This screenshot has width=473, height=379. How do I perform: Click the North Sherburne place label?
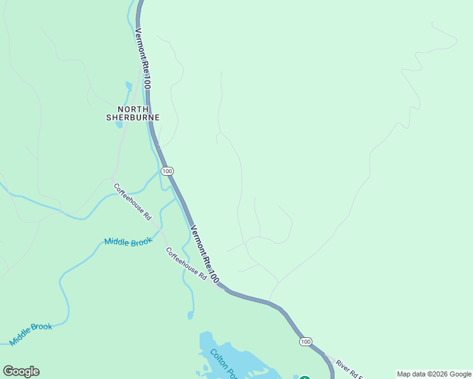tap(132, 112)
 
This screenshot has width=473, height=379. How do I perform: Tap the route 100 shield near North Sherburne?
tap(167, 171)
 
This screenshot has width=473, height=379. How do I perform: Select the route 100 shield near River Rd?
tap(305, 341)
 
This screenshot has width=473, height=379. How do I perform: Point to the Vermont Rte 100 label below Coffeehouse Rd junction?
tap(205, 254)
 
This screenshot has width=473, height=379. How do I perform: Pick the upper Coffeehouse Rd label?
tap(132, 202)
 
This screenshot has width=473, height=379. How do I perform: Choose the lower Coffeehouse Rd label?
tap(187, 263)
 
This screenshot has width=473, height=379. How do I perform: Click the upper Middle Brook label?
tap(128, 241)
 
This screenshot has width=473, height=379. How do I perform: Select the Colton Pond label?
tap(224, 364)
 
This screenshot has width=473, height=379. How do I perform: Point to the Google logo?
tap(21, 371)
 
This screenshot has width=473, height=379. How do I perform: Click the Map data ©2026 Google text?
tap(434, 374)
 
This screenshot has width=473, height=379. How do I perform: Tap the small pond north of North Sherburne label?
tap(129, 87)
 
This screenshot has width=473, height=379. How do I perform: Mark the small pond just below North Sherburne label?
tap(119, 124)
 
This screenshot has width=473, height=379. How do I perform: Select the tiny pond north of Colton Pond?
tap(190, 315)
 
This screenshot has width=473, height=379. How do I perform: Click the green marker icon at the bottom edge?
tap(304, 378)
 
